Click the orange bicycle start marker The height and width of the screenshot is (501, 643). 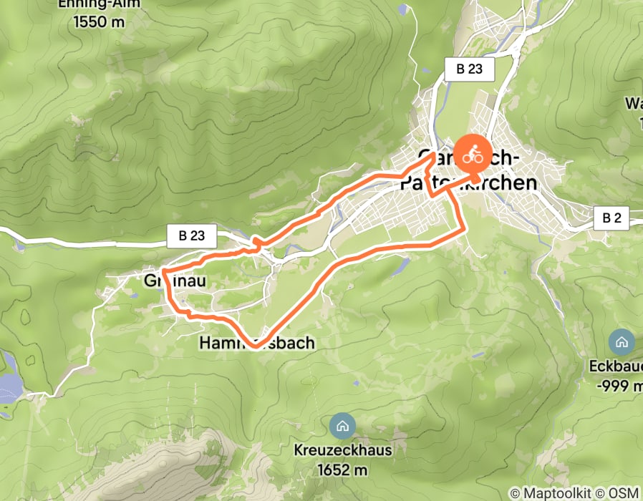473,153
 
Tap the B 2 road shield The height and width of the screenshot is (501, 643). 611,218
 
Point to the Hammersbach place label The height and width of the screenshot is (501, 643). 256,344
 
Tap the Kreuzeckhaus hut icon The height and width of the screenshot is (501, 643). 342,426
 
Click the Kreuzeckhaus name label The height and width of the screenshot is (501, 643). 342,451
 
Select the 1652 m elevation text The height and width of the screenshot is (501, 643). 342,470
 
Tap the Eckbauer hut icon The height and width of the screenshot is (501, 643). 621,341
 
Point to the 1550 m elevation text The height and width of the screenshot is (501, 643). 100,21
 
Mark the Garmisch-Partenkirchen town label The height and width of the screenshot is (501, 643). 476,170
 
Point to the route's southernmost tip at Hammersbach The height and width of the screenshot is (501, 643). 255,346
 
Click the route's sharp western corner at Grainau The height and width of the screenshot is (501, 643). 164,273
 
